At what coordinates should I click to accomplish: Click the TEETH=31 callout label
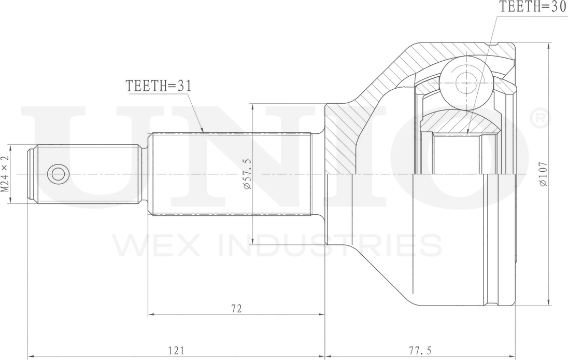tap(158, 86)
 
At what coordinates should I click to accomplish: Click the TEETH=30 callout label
tap(533, 7)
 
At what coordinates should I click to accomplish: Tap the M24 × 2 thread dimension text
tap(5, 174)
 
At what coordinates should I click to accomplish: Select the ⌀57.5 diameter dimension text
tap(247, 174)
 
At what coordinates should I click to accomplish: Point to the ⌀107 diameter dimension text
tap(543, 174)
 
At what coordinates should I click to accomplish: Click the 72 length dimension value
tap(236, 309)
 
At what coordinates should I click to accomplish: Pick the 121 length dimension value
tap(176, 350)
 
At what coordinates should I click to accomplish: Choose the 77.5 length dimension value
tap(420, 350)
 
